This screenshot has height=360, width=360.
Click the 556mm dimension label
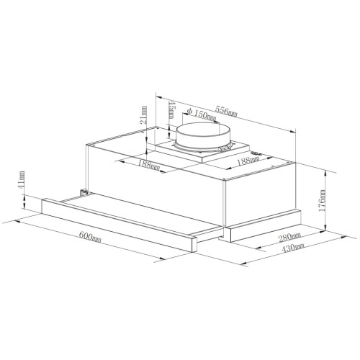point(226,111)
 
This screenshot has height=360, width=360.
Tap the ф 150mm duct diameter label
point(202,114)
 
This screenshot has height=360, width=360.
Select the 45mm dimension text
point(172,109)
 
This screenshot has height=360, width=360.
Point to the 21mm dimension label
point(143,114)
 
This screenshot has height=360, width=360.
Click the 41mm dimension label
point(22,179)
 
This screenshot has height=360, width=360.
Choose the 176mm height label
point(322,201)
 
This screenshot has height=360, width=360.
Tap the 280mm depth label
point(289,238)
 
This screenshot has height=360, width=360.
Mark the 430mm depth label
point(293,248)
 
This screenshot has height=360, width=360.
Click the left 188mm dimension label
point(149,165)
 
